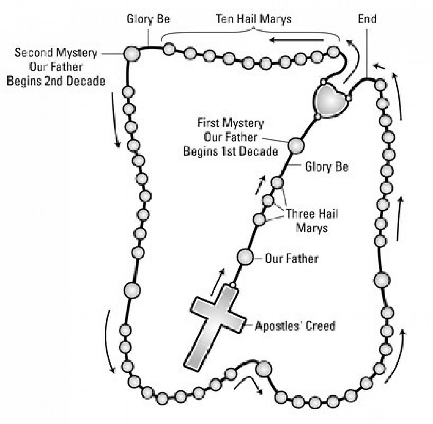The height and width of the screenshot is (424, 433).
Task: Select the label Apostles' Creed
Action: tap(295, 326)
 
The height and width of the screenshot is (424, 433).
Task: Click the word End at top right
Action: tap(367, 19)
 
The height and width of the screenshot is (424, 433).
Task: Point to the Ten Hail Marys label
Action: tap(254, 19)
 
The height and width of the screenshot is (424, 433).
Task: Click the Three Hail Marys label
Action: tap(311, 221)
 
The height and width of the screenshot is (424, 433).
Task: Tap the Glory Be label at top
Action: tap(149, 19)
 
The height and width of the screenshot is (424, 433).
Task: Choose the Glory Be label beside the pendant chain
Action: tap(326, 167)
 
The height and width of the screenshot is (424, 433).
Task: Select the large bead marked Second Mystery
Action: tap(132, 53)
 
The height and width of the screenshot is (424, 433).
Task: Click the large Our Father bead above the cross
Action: tap(245, 257)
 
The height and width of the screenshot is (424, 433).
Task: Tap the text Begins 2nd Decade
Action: tap(56, 81)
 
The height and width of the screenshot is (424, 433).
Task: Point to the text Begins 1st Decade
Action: tap(230, 152)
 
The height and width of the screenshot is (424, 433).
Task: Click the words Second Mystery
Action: tap(56, 53)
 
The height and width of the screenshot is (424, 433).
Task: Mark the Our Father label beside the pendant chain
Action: tap(291, 259)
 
